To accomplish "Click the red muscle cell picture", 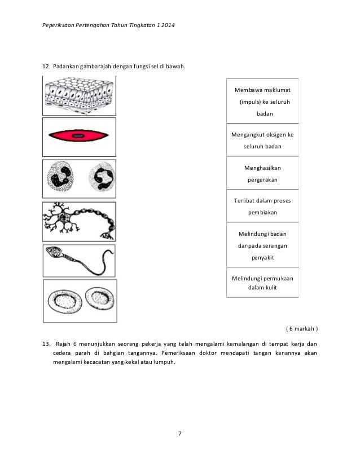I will pyautogui.click(x=80, y=136).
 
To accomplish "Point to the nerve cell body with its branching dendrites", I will pyautogui.click(x=62, y=219).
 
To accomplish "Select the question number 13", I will pyautogui.click(x=47, y=344).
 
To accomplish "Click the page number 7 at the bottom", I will pyautogui.click(x=179, y=433).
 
